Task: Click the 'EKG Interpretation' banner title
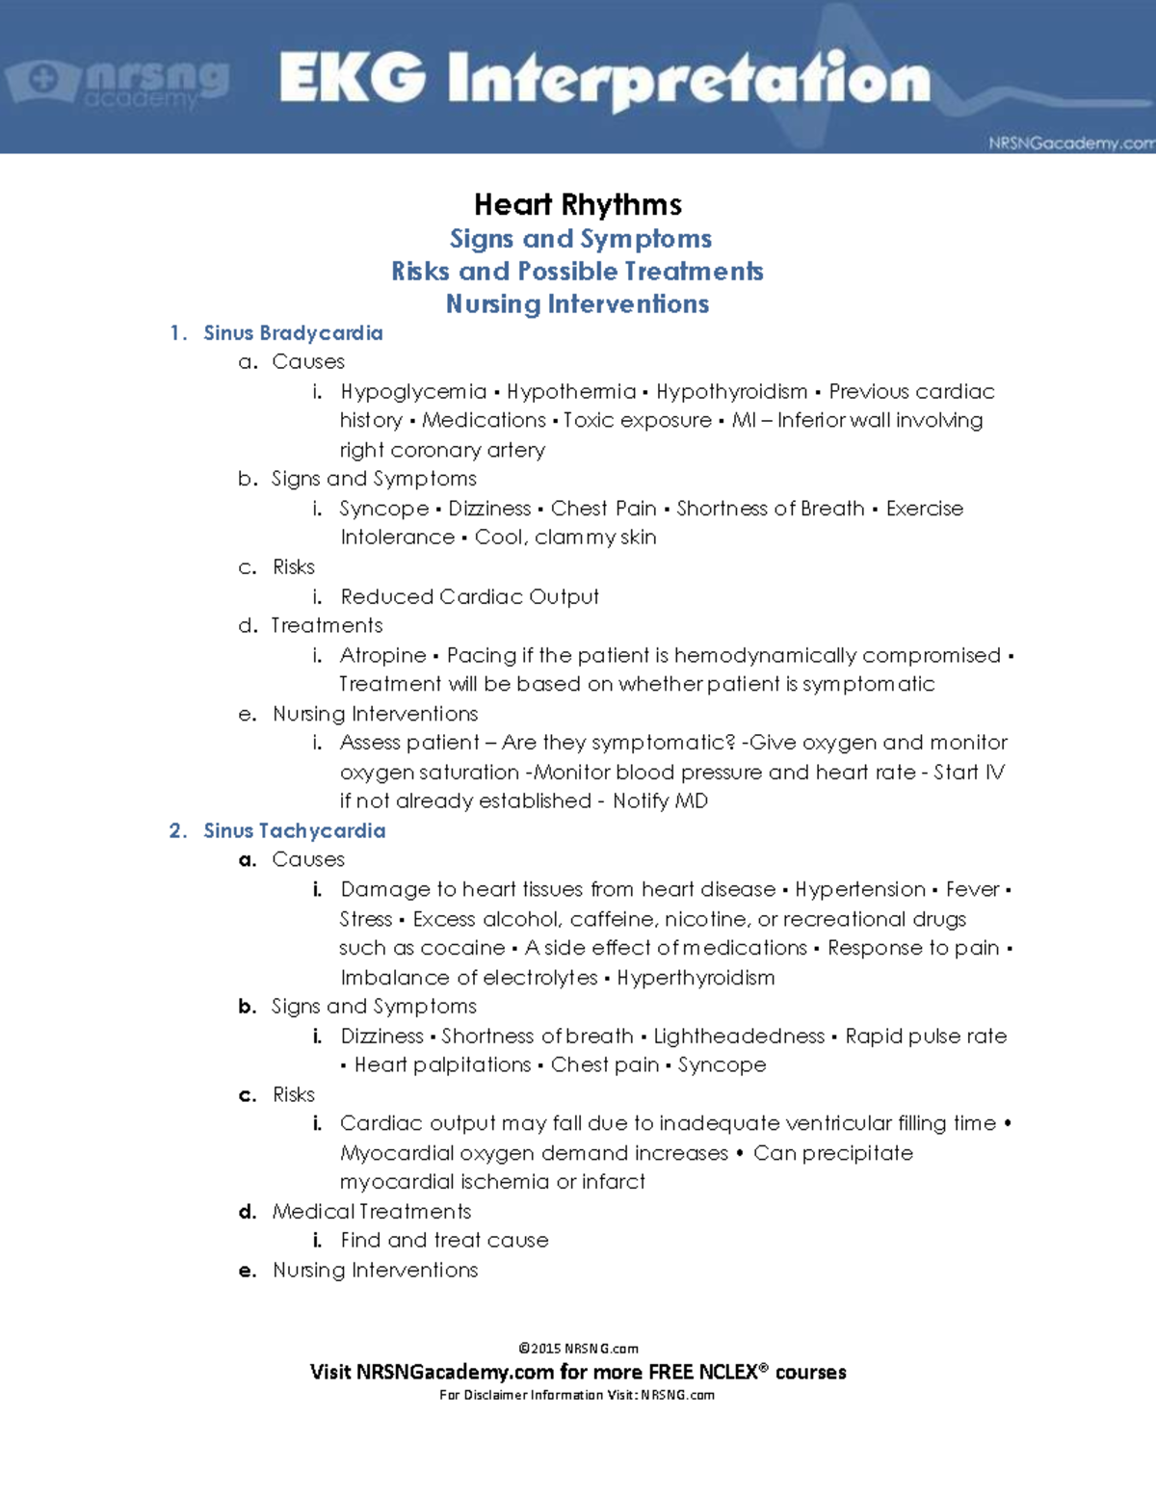click(x=605, y=79)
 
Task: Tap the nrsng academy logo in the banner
click(x=118, y=83)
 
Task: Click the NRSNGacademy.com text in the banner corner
click(x=1070, y=144)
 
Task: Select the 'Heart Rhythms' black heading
click(x=578, y=204)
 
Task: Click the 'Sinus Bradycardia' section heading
click(x=293, y=333)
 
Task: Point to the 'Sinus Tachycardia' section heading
click(x=294, y=830)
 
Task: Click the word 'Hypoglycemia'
click(x=413, y=391)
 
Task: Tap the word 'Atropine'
click(x=382, y=655)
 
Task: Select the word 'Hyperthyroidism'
click(x=696, y=978)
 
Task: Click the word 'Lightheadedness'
click(x=739, y=1036)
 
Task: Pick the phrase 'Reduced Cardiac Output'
click(x=469, y=596)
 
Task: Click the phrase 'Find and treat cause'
click(x=444, y=1240)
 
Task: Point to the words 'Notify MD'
click(x=660, y=800)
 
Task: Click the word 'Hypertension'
click(x=860, y=889)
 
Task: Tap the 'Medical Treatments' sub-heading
click(x=372, y=1211)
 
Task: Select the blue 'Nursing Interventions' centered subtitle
click(x=578, y=304)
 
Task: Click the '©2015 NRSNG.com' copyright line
click(x=578, y=1349)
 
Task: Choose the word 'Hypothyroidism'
click(x=732, y=391)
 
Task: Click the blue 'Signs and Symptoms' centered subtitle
click(x=581, y=239)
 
